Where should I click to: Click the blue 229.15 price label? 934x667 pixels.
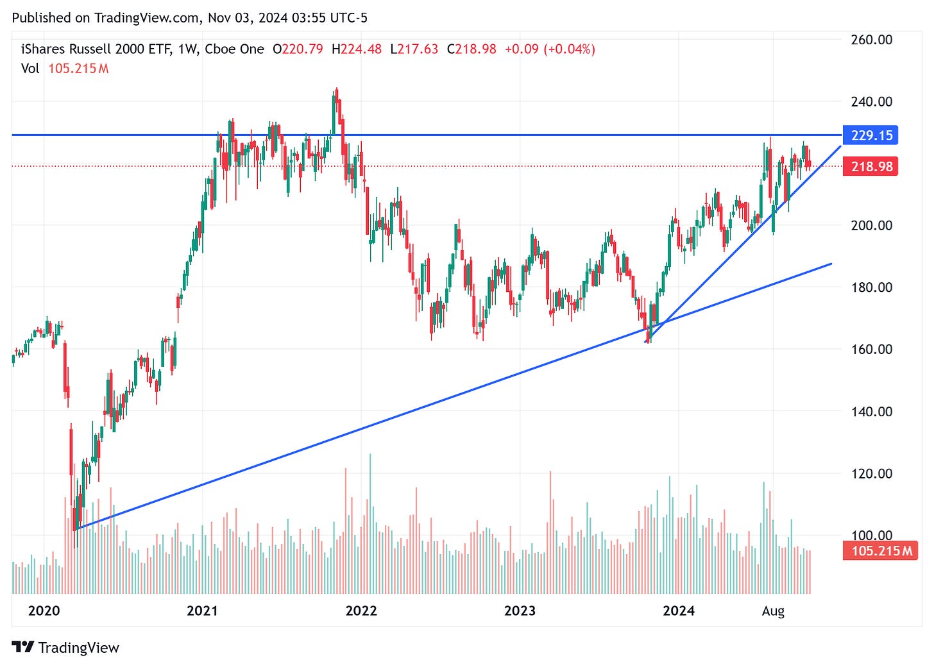[x=871, y=135]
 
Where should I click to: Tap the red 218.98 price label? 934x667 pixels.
[x=871, y=167]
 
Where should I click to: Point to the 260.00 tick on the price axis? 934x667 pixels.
[x=871, y=40]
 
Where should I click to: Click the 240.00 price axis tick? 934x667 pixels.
[x=871, y=101]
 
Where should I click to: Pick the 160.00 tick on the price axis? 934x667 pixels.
[x=871, y=350]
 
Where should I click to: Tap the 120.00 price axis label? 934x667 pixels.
[x=871, y=473]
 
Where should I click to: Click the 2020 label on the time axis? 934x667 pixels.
[x=44, y=611]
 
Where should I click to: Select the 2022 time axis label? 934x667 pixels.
[x=361, y=611]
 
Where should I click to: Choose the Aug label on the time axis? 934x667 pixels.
[x=773, y=611]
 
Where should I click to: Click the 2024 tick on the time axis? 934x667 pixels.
[x=679, y=611]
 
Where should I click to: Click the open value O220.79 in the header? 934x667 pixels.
[x=298, y=49]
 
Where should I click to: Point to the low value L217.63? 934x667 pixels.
[x=414, y=49]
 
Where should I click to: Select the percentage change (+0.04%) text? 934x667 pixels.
[x=569, y=49]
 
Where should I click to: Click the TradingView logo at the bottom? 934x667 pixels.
[x=65, y=648]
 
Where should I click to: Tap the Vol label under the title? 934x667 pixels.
[x=30, y=69]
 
